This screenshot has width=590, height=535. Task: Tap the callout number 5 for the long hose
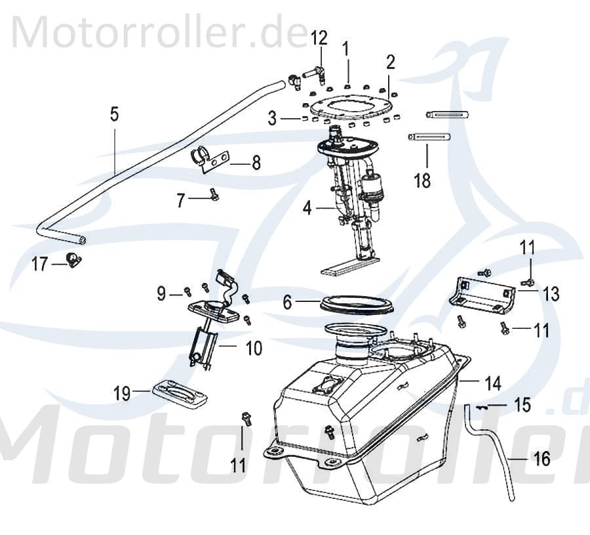(x=114, y=115)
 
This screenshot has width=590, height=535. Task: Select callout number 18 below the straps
(x=423, y=180)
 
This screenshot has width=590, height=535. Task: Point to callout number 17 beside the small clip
(x=40, y=265)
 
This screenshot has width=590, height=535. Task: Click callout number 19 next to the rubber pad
(x=122, y=393)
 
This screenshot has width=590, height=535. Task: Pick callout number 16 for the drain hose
(x=542, y=460)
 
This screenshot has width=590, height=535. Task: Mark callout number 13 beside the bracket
(x=551, y=294)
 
